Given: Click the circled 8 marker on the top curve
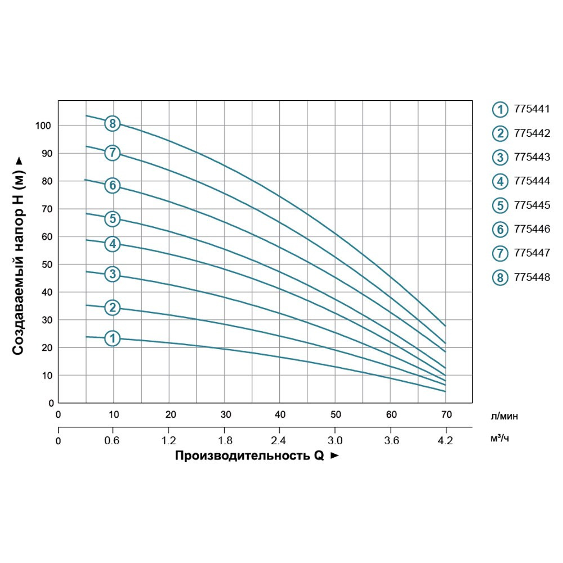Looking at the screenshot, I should point(113,124).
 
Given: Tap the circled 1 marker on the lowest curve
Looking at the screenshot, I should point(113,338).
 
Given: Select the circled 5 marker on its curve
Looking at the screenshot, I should point(113,219).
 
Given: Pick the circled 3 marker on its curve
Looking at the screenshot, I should point(113,274).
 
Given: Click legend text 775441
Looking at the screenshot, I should point(531,109).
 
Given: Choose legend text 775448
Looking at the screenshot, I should point(531,278).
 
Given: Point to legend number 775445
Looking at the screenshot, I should point(531,205).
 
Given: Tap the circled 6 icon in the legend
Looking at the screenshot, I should point(499,229).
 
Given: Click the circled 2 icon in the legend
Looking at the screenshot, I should point(499,133).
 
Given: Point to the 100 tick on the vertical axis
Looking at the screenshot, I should point(43,125).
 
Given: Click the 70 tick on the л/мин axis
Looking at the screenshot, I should point(446,415).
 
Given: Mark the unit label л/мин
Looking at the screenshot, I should point(504,417).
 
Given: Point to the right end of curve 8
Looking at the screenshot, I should point(445,326).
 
